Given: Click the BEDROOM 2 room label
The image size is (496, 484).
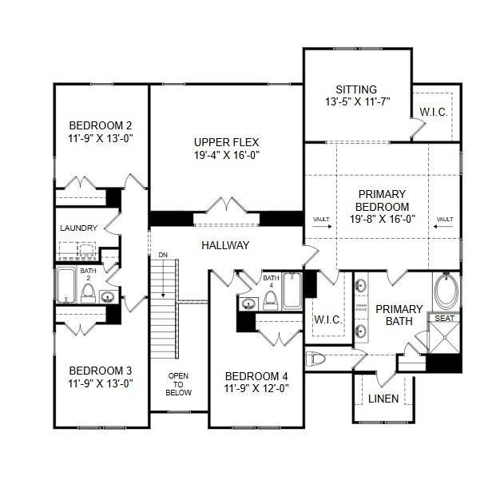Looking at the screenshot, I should [x=100, y=125].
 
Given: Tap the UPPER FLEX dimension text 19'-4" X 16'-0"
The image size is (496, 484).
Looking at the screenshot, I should [x=227, y=155].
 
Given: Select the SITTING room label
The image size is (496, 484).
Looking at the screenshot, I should [x=356, y=89].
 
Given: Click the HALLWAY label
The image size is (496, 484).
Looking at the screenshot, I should [x=225, y=245].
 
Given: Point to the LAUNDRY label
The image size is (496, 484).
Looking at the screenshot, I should [x=78, y=228].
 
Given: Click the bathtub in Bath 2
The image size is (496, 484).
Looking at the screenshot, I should [x=65, y=285].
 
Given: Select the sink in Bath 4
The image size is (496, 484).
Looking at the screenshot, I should [x=248, y=303].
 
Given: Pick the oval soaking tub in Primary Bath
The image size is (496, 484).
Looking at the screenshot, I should [x=446, y=292].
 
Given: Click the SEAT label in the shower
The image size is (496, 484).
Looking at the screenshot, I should [x=443, y=319].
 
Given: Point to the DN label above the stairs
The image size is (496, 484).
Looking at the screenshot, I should [x=163, y=255].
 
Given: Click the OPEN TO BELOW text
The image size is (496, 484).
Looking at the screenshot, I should [x=179, y=383].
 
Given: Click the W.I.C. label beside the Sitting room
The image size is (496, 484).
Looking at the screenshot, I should [x=434, y=112].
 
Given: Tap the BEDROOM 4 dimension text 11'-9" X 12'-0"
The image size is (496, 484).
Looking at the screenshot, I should [x=256, y=389].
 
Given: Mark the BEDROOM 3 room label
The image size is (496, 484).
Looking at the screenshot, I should [x=100, y=371].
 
